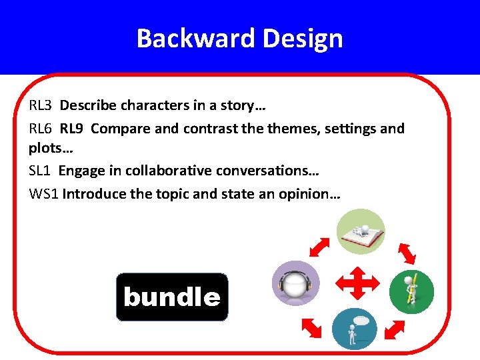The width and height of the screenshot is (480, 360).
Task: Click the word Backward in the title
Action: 196,39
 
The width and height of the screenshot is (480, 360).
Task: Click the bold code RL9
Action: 73,129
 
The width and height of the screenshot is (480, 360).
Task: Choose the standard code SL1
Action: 41,171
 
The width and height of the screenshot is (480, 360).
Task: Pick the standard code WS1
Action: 43,195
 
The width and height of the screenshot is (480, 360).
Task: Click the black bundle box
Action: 172,297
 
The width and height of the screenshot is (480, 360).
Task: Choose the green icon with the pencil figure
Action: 411,291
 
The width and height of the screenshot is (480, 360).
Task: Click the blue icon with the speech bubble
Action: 354,329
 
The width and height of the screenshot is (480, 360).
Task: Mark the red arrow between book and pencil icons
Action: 406,253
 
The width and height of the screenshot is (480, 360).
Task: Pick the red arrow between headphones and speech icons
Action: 311,327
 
